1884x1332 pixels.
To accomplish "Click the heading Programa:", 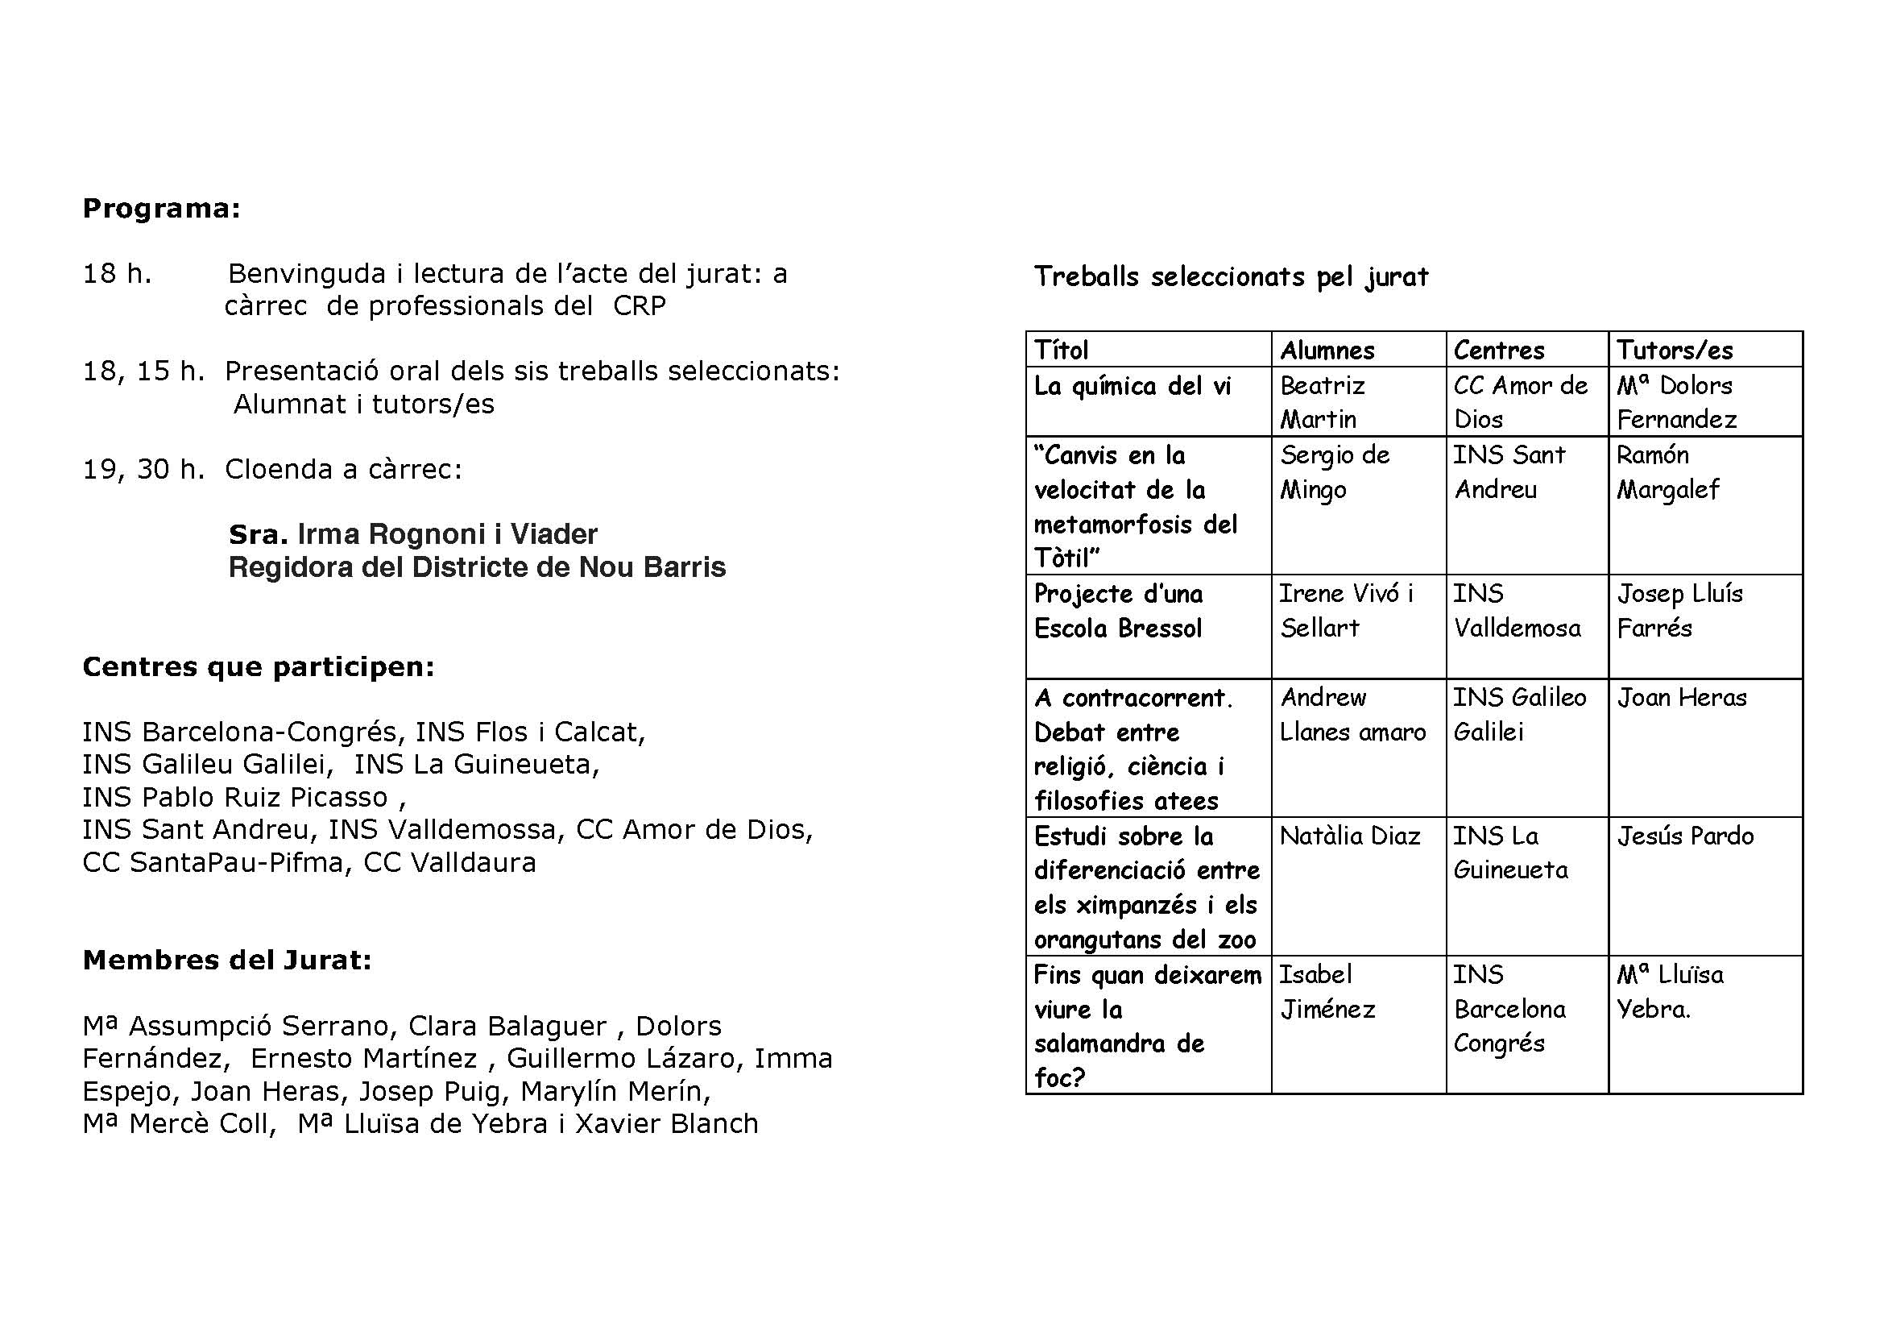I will coord(162,209).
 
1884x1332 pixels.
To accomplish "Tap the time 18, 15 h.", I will coord(143,371).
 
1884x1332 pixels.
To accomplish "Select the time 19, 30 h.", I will coord(143,469).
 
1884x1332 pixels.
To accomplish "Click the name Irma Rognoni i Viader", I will coord(447,534).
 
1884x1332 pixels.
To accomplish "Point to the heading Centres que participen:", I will coord(259,666).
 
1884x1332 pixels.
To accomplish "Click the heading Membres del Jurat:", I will coord(227,960).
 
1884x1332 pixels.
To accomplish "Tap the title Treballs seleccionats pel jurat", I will coord(1230,276).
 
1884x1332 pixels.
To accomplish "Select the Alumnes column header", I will coord(1327,351).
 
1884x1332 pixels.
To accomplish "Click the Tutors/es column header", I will coord(1674,351).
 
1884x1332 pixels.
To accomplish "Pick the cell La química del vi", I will coord(1132,386).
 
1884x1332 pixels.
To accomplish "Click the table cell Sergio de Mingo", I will coord(1334,472).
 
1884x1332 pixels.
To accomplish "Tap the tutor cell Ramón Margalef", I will coord(1667,472).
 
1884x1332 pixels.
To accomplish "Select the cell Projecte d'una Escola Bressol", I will coord(1119,611).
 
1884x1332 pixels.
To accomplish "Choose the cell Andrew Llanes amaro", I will coord(1353,714).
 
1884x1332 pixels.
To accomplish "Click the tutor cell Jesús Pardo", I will coord(1685,836).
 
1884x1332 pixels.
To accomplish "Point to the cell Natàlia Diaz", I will coord(1350,836).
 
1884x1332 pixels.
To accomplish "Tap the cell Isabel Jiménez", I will coord(1327,991).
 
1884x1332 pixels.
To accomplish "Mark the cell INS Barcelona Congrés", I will coord(1509,1009).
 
